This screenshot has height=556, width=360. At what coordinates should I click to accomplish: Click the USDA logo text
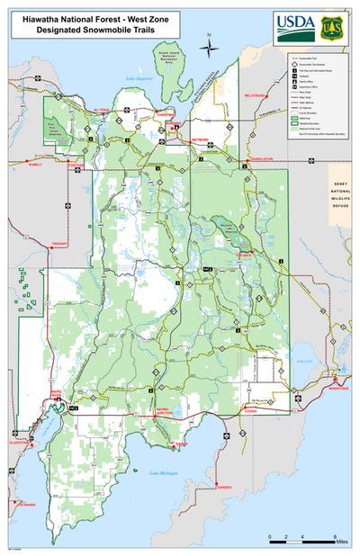pyautogui.click(x=294, y=22)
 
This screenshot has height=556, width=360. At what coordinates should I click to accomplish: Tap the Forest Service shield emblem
pyautogui.click(x=332, y=26)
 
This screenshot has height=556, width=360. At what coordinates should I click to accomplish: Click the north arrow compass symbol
pyautogui.click(x=209, y=47)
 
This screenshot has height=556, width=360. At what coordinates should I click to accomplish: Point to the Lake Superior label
pyautogui.click(x=139, y=80)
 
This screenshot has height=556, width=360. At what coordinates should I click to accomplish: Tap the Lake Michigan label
pyautogui.click(x=164, y=473)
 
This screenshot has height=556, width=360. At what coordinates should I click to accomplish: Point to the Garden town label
pyautogui.click(x=224, y=488)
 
